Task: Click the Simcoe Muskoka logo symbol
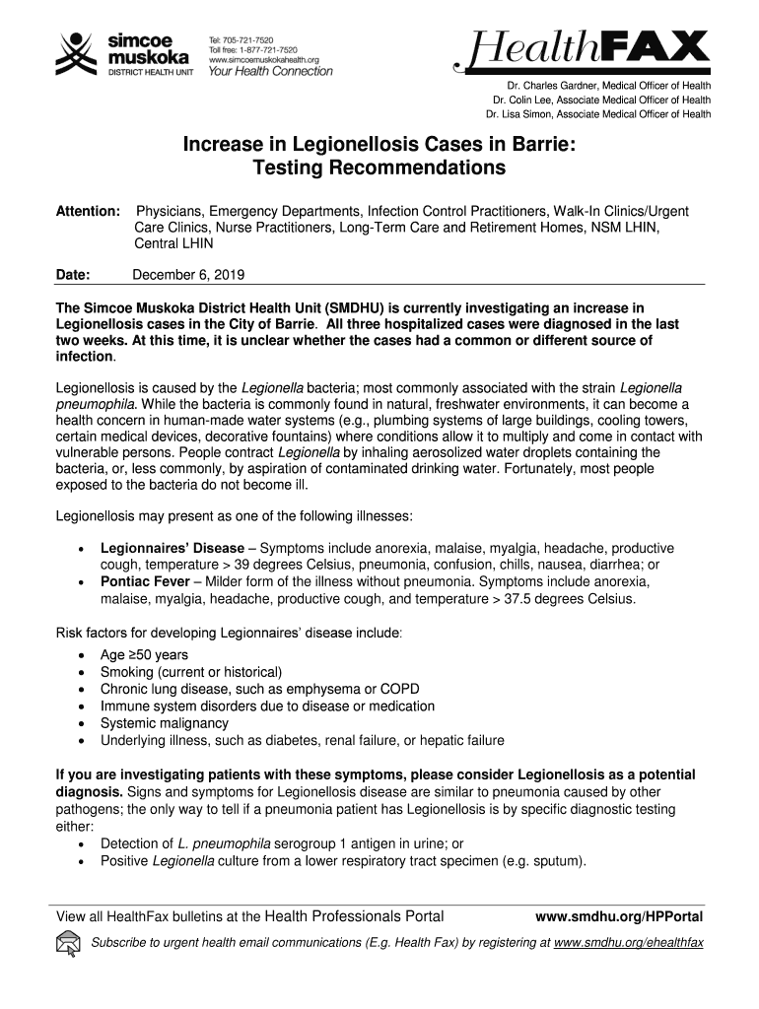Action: [73, 52]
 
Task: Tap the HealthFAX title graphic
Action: [581, 50]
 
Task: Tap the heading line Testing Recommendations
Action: [379, 168]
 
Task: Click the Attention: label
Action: [88, 212]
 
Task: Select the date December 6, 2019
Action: [188, 275]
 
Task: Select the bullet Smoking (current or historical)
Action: [191, 672]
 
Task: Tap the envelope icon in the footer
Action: [69, 944]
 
